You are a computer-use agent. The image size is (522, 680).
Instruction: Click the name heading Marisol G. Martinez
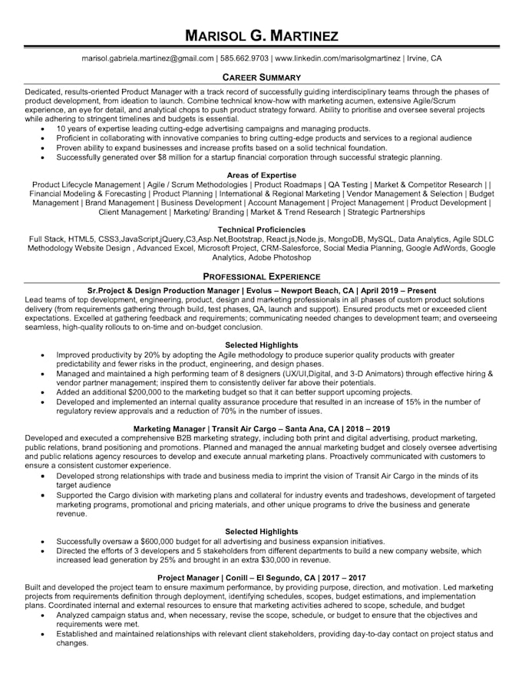coord(261,35)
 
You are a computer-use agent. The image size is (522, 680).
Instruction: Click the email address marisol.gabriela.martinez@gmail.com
coord(148,58)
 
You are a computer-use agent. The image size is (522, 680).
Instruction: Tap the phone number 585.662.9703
coord(244,58)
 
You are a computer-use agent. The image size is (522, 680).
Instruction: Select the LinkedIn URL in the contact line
coord(337,58)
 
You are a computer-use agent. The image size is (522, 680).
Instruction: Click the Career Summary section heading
coord(261,78)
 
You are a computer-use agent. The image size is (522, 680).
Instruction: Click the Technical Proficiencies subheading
coord(261,229)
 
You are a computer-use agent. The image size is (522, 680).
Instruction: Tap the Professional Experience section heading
coord(261,276)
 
